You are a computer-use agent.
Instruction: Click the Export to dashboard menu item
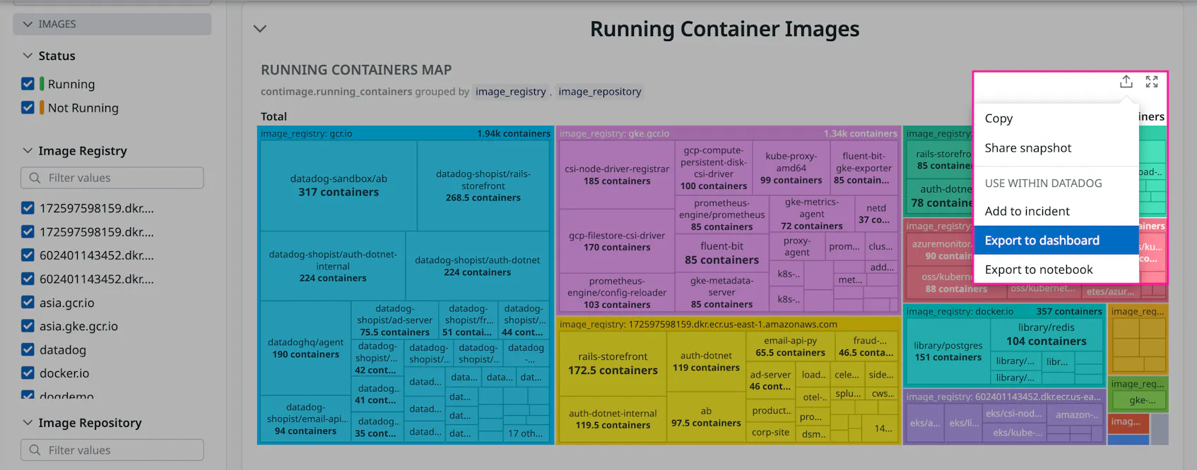tap(1042, 241)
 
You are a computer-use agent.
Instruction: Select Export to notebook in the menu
tap(1038, 270)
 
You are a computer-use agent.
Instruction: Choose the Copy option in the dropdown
tap(998, 119)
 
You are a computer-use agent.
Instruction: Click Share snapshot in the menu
tap(1027, 148)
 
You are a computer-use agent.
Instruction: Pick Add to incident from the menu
tap(1027, 211)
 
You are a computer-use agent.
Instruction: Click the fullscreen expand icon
tap(1151, 82)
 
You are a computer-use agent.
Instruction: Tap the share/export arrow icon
tap(1126, 82)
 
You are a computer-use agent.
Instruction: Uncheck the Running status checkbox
tap(28, 84)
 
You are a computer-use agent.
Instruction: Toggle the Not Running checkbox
tap(28, 108)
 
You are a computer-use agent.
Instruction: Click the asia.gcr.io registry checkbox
tap(28, 303)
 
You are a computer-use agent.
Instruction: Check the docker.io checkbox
tap(28, 373)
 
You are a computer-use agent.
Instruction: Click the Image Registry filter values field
tap(113, 178)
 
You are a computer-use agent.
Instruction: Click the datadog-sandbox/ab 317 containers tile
tap(338, 186)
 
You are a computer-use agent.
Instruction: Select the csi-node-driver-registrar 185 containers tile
tap(616, 175)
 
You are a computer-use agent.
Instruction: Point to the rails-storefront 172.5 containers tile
tap(612, 363)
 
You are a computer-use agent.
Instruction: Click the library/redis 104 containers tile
tap(1046, 335)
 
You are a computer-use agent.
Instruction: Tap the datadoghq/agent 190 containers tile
tap(305, 348)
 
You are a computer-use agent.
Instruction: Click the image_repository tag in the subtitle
tap(599, 92)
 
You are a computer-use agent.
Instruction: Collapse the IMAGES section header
tap(112, 24)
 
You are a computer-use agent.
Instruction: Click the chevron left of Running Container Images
tap(260, 29)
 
